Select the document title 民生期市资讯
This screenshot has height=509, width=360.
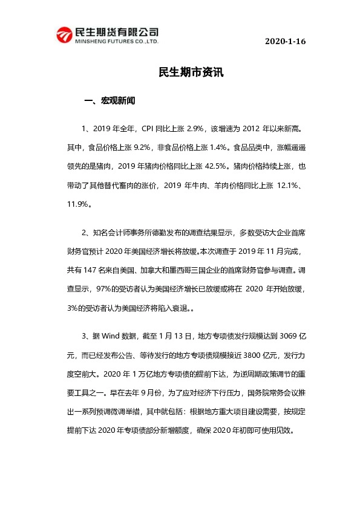191,72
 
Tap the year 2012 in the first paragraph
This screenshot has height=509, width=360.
255,128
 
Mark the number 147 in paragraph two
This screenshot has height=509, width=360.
97,270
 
